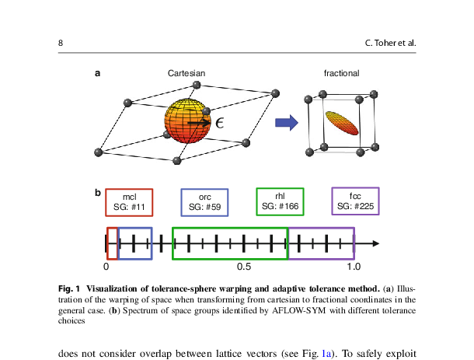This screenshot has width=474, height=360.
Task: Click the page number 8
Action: (x=61, y=42)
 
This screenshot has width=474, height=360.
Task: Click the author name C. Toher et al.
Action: (x=390, y=42)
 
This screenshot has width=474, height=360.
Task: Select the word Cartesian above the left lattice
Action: (x=186, y=73)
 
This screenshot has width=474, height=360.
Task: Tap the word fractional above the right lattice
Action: (x=341, y=73)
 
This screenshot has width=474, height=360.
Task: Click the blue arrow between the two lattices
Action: (x=287, y=122)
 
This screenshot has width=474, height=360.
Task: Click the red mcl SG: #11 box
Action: (x=130, y=202)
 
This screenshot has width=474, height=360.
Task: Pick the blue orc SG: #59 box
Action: (x=204, y=202)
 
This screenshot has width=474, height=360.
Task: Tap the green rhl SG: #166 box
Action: (x=280, y=202)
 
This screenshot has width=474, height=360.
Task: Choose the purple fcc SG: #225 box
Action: (x=354, y=202)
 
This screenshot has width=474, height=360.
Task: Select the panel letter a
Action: (x=97, y=74)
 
